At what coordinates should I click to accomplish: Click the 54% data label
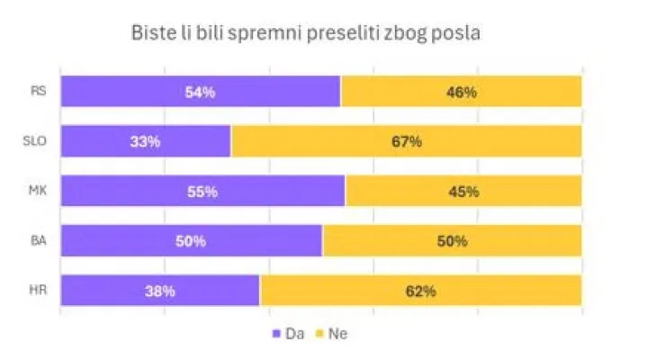(x=199, y=92)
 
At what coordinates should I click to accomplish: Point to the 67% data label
(x=406, y=141)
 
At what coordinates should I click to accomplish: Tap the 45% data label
(x=463, y=191)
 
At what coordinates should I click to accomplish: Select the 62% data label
(x=420, y=291)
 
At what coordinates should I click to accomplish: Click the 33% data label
(x=145, y=141)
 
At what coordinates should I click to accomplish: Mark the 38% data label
(x=158, y=291)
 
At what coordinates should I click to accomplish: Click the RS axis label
(x=39, y=91)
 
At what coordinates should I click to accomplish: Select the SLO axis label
(x=36, y=141)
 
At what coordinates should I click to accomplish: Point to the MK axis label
(x=38, y=191)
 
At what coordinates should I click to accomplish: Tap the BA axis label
(x=39, y=240)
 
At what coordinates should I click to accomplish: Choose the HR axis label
(x=39, y=291)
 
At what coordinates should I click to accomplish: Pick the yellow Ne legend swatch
(x=319, y=334)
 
